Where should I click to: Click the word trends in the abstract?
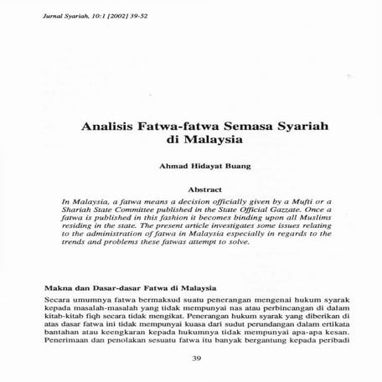point(75,248)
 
